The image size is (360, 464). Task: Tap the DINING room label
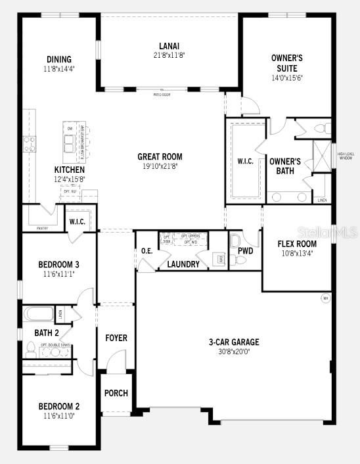[x=58, y=59]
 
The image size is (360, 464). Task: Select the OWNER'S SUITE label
[x=286, y=63]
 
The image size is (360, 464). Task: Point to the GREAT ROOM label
[x=160, y=156]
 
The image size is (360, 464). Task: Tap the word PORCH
[x=116, y=393]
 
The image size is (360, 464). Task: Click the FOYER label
[x=116, y=338]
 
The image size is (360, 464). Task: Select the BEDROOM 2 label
[x=58, y=406]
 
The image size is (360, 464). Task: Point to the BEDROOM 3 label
[x=58, y=264]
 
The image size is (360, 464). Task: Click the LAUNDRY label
[x=183, y=264]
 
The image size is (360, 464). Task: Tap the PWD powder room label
[x=246, y=250]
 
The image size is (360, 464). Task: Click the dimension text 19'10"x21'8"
[x=160, y=166]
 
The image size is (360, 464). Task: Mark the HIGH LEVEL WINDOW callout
[x=346, y=156]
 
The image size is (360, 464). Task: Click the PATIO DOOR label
[x=162, y=95]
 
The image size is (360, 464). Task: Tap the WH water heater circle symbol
[x=325, y=298]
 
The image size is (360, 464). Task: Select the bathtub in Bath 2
[x=40, y=314]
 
